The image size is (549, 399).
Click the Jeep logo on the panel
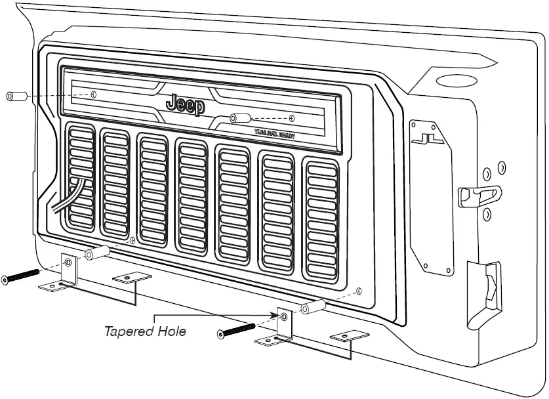point(186,104)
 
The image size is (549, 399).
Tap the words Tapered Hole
point(145,331)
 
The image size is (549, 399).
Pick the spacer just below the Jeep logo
point(240,119)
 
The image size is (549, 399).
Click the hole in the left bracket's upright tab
point(68,264)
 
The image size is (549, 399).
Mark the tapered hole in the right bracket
point(283,318)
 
